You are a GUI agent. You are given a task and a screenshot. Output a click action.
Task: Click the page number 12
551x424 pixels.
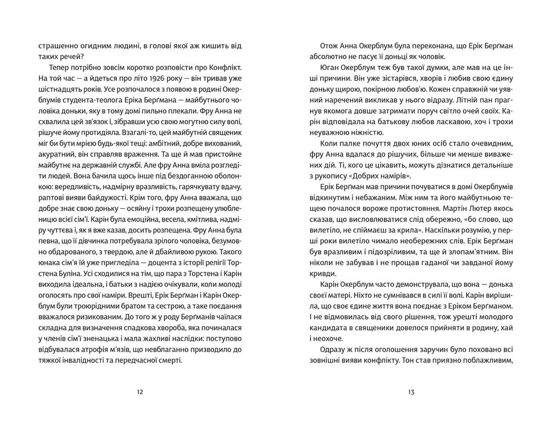pos(140,392)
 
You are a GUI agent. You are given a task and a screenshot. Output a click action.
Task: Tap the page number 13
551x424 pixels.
pos(411,392)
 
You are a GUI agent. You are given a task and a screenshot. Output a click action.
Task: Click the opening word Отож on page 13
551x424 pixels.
pos(329,46)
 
